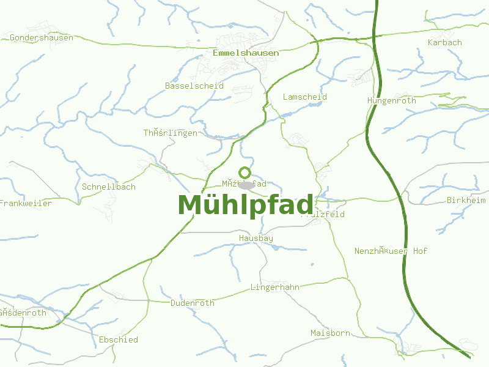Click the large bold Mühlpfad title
click(246, 206)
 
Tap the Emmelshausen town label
click(246, 53)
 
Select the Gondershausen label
click(42, 38)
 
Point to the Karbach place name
click(445, 43)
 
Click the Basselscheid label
click(194, 86)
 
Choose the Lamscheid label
click(305, 97)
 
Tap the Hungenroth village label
click(392, 101)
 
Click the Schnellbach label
click(109, 187)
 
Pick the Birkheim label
click(466, 201)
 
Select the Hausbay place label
click(256, 239)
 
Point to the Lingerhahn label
click(275, 287)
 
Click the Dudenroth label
click(193, 303)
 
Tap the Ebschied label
click(119, 340)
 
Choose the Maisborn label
click(331, 333)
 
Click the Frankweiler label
click(26, 204)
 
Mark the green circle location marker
click(244, 172)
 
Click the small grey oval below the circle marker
click(246, 185)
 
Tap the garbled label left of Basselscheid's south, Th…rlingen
click(171, 133)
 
